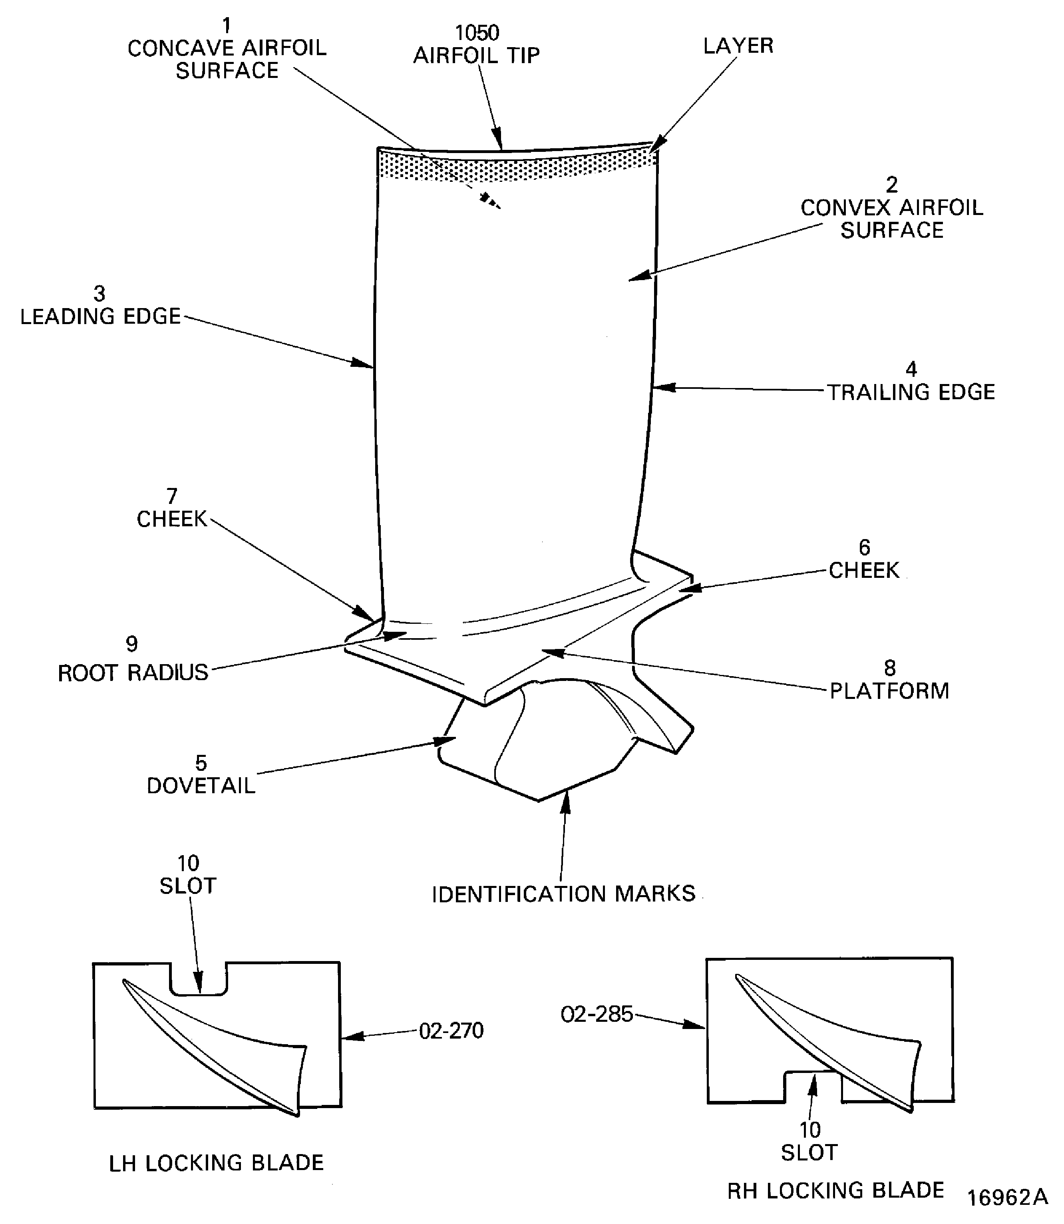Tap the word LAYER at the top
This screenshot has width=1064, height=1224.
pos(738,46)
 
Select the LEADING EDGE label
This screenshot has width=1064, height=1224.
pos(100,316)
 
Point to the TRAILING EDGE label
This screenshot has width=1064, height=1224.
pos(911,392)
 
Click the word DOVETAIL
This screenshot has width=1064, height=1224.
pos(201,786)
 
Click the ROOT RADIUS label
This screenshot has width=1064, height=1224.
pos(133,673)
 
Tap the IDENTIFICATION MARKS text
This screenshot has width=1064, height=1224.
pos(563,894)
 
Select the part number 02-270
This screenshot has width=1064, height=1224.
pos(451,1031)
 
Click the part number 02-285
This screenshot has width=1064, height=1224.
pos(597,1014)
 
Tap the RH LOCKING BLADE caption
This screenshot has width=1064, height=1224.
pos(835,1190)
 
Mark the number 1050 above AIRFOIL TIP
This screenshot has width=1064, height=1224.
pos(477,33)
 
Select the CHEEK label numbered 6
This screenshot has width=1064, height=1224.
pos(864,570)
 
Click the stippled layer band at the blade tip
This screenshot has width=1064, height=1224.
pos(517,166)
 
